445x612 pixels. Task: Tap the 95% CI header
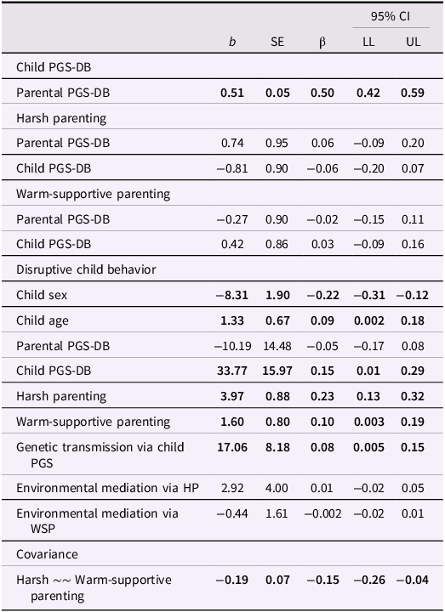(x=390, y=16)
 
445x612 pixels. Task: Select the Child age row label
(x=43, y=321)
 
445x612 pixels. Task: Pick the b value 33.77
(x=231, y=371)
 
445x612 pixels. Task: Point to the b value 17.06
(x=231, y=447)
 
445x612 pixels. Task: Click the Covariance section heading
(x=46, y=554)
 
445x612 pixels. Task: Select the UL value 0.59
(x=414, y=93)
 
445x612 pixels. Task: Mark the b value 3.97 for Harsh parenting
(x=234, y=397)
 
